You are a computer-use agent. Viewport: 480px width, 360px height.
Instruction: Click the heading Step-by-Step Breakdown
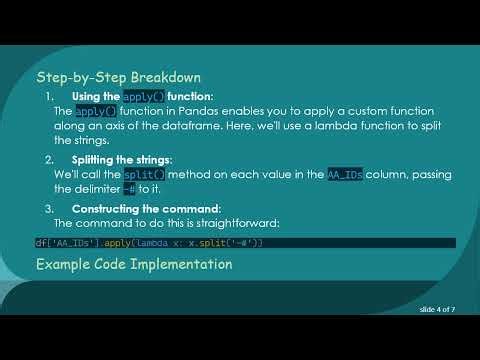tap(119, 77)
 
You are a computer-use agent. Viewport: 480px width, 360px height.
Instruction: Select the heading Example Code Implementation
tap(134, 265)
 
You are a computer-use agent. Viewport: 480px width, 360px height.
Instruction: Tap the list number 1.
tap(50, 96)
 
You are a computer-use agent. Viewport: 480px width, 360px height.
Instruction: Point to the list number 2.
tap(50, 160)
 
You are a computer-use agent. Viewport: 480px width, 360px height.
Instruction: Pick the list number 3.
tap(50, 208)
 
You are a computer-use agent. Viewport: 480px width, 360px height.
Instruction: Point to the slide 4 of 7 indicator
tap(437, 310)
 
